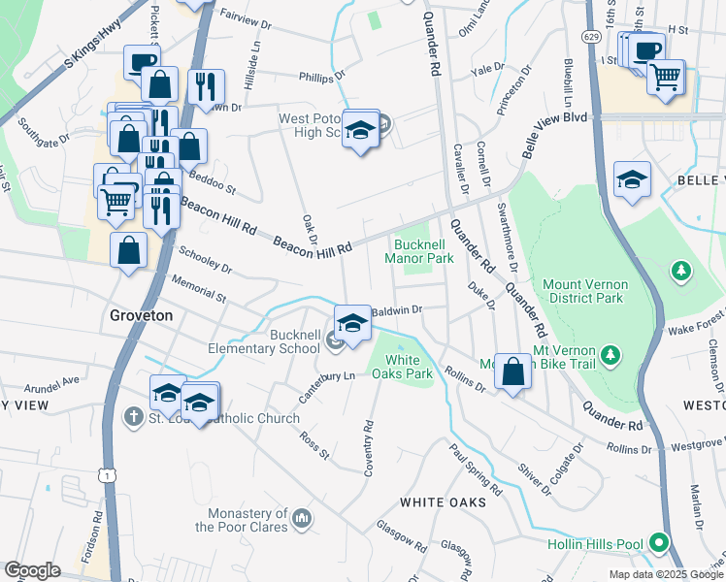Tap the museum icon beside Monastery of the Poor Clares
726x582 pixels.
tap(302, 520)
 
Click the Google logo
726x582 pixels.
tap(32, 569)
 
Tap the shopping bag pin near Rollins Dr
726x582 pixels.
tap(512, 371)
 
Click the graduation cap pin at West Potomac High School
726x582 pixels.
tap(360, 131)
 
